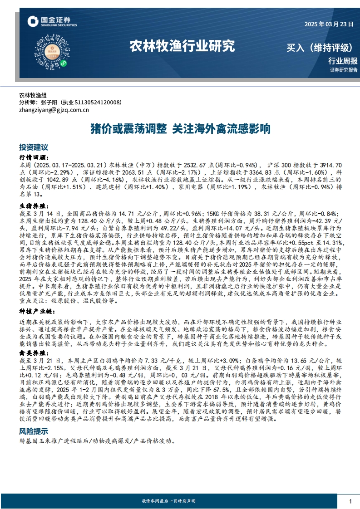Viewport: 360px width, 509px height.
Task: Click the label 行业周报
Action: (343, 61)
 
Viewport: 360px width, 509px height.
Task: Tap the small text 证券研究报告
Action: (344, 70)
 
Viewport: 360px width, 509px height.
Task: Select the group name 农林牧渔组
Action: (33, 96)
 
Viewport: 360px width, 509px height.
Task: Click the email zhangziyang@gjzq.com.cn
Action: (54, 110)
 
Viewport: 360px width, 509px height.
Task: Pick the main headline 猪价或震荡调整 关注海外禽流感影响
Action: (180, 129)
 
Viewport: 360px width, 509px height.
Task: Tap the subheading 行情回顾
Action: (34, 157)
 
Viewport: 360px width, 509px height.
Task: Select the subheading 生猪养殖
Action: (34, 205)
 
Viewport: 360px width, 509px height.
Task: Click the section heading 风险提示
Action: (33, 431)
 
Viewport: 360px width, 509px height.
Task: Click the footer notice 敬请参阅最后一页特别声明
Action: (168, 501)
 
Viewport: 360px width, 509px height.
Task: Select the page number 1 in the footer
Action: (350, 501)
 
